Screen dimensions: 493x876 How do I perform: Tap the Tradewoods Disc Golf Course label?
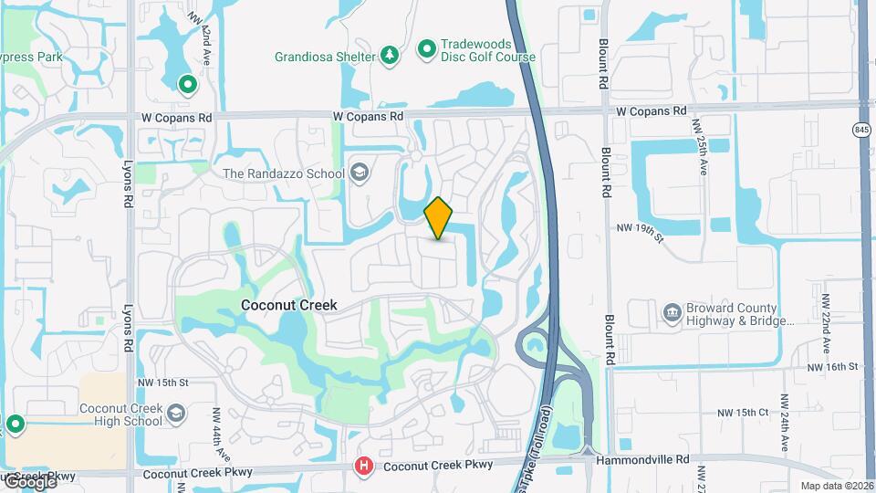click(x=488, y=50)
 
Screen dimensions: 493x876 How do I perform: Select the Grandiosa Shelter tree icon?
click(x=390, y=57)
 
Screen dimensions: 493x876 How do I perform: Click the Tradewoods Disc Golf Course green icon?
click(x=426, y=49)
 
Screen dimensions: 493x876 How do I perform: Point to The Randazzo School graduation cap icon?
click(x=360, y=173)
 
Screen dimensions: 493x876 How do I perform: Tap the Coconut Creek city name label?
click(x=288, y=306)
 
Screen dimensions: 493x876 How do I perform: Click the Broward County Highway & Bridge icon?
click(x=672, y=314)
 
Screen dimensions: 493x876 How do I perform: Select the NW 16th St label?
click(x=833, y=366)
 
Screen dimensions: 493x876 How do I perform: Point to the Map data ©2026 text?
click(x=835, y=486)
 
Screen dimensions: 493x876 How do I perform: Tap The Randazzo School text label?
click(x=284, y=173)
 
